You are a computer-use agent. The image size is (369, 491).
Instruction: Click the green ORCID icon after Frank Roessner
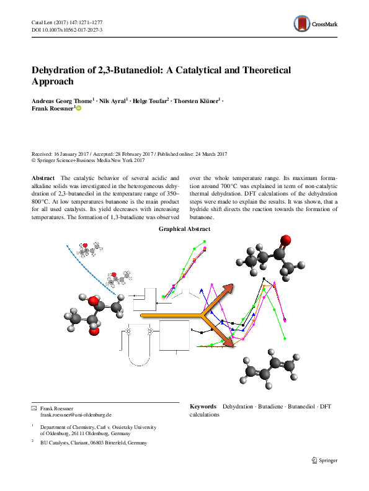click(x=78, y=108)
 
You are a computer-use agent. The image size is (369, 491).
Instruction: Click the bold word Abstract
click(x=43, y=178)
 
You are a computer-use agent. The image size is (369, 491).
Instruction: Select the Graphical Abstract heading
click(x=184, y=229)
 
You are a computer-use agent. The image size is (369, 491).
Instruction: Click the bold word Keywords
click(x=203, y=406)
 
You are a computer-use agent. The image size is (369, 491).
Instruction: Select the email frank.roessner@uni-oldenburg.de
click(x=76, y=414)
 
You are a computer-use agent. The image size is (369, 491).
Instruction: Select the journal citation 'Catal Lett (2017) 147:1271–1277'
click(x=71, y=22)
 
